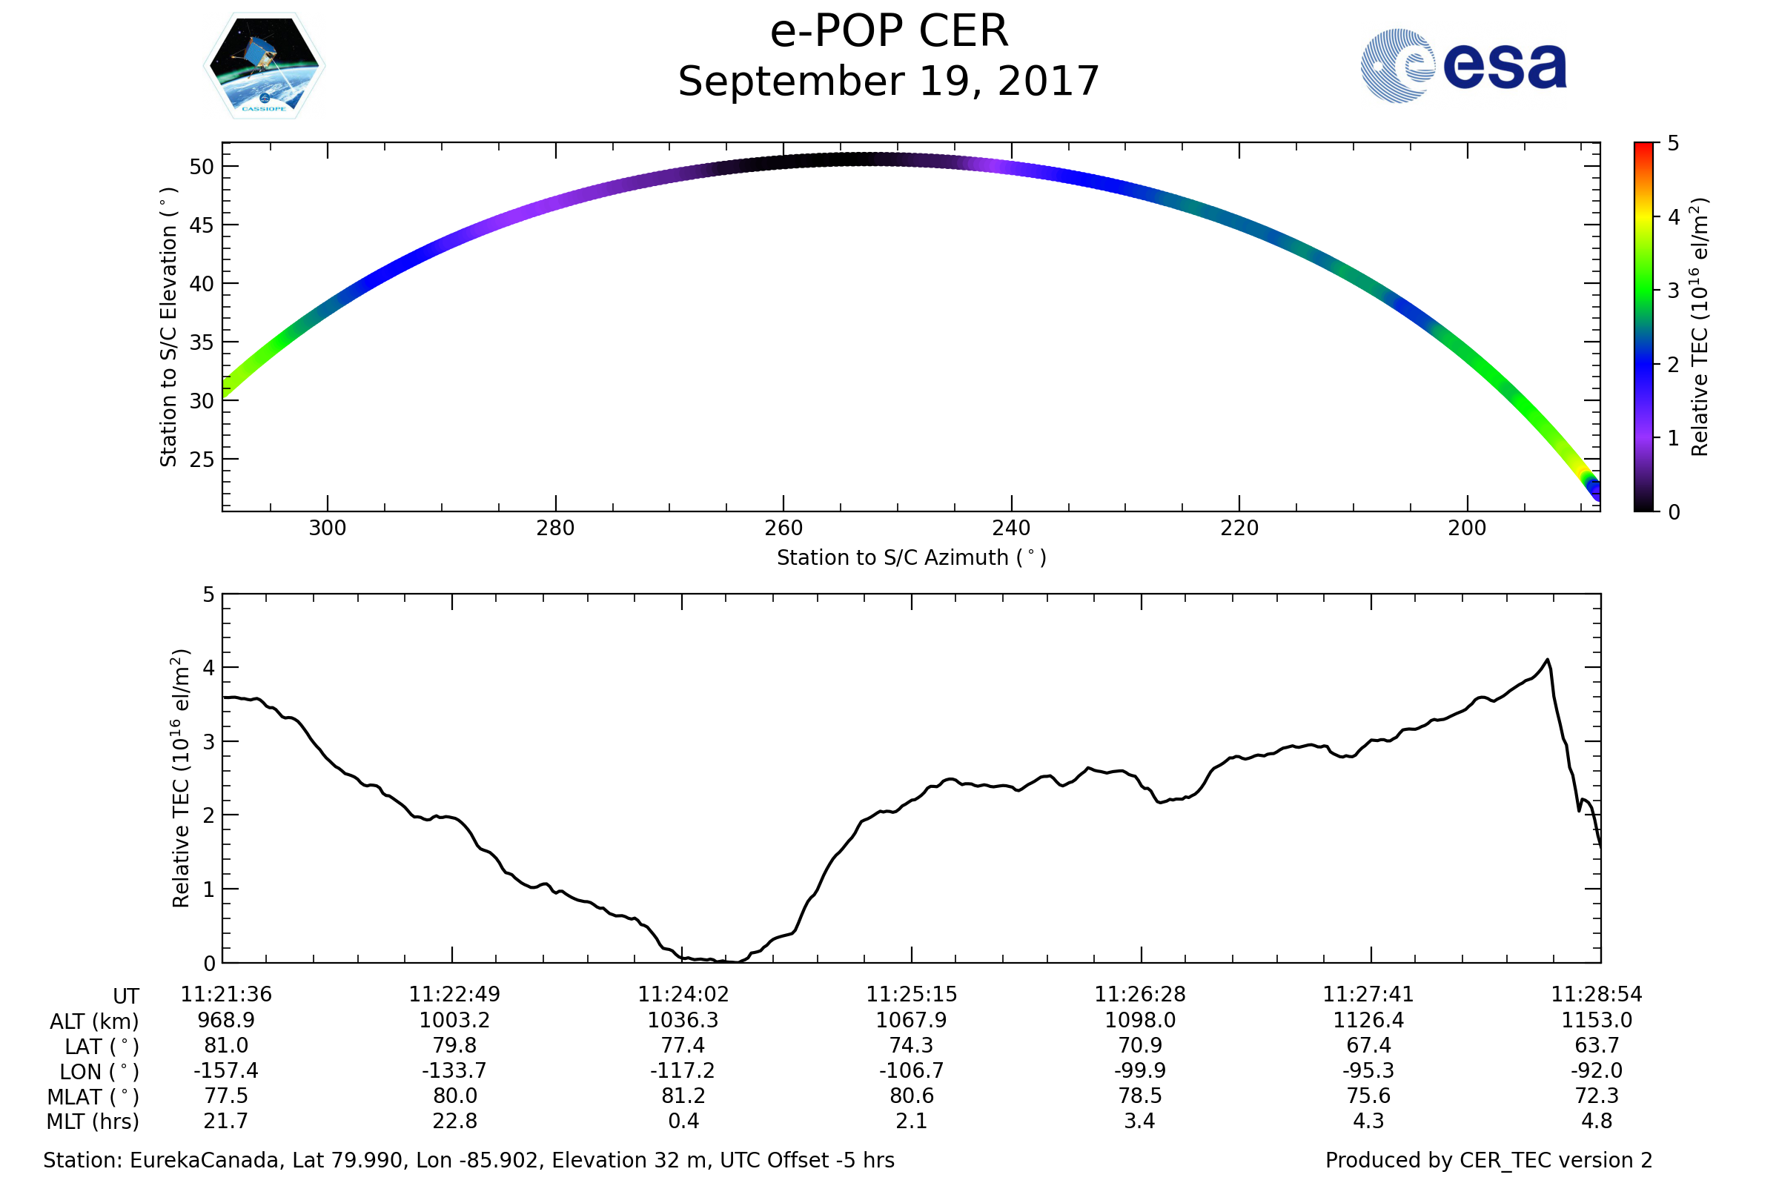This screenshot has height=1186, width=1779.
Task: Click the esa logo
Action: [x=1462, y=66]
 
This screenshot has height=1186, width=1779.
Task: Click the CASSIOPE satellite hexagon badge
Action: [x=264, y=66]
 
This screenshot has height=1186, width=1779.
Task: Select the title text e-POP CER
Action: [x=889, y=32]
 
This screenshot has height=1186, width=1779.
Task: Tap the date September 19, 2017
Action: [x=889, y=82]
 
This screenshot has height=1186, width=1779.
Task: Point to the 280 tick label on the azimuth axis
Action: [x=555, y=528]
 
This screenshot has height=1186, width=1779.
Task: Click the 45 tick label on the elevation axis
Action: [x=201, y=225]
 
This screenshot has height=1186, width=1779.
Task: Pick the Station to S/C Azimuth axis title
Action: [x=912, y=558]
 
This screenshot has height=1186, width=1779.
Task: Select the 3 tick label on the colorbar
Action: [x=1673, y=291]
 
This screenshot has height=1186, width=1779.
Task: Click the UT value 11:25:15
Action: [x=912, y=995]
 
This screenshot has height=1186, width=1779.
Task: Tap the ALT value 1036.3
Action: [x=683, y=1021]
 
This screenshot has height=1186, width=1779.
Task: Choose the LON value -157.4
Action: [x=225, y=1071]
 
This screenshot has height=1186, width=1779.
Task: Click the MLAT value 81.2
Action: [x=683, y=1096]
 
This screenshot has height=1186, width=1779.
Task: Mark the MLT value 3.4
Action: [x=1140, y=1121]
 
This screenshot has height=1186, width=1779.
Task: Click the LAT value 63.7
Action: [x=1597, y=1045]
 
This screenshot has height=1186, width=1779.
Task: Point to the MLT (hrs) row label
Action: [x=92, y=1122]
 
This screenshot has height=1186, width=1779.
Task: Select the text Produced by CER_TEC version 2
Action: [x=1488, y=1161]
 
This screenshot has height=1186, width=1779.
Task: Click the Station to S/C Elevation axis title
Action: [x=168, y=327]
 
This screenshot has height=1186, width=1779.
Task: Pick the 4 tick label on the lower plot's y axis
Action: [x=209, y=668]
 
